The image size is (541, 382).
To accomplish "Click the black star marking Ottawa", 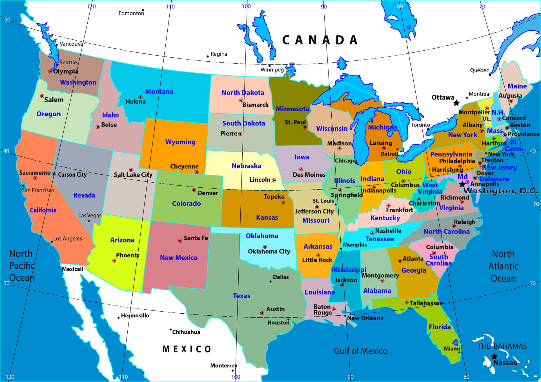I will (x=456, y=103).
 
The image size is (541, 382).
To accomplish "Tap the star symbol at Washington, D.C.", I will (x=462, y=184).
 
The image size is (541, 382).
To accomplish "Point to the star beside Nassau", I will (x=494, y=357).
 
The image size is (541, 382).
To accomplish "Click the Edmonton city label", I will (x=131, y=13).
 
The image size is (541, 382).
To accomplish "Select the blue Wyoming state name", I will (x=180, y=142).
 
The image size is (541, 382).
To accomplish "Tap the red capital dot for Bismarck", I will (x=241, y=100).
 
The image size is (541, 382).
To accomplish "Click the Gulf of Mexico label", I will (x=361, y=351).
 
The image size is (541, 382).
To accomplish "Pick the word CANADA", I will (x=320, y=40).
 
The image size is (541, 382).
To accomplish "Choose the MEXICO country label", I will (x=187, y=349).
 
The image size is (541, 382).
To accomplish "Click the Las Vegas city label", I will (x=90, y=215).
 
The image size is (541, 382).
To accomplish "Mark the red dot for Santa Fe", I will (x=180, y=241).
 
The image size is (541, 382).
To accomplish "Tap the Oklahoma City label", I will (x=269, y=251).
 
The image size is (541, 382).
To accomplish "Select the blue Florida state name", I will (x=440, y=327).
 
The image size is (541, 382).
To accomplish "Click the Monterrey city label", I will (x=224, y=365).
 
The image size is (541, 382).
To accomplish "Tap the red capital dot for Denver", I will (x=194, y=190).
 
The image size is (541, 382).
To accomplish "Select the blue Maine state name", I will (x=517, y=86).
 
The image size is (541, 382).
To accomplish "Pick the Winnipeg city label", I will (x=272, y=69).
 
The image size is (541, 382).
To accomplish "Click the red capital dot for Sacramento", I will (x=35, y=178).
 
